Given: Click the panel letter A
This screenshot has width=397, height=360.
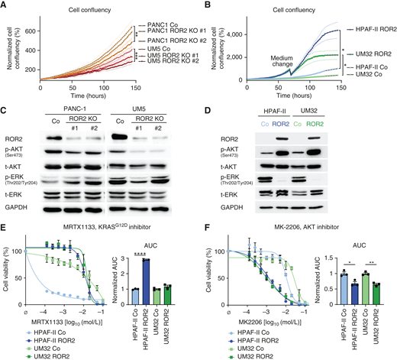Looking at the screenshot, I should [x=5, y=6].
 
